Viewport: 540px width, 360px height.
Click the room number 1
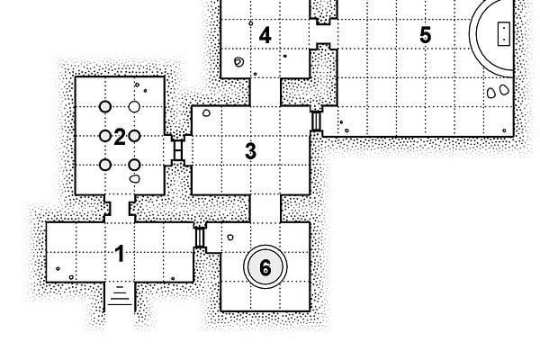click(x=120, y=254)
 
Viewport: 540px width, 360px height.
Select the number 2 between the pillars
click(x=119, y=136)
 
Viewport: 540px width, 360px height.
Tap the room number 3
click(x=251, y=150)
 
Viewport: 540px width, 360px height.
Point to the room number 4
click(x=265, y=35)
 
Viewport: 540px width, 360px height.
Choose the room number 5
click(x=425, y=35)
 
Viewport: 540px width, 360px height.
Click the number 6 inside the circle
click(x=265, y=267)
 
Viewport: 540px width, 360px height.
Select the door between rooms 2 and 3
click(x=178, y=149)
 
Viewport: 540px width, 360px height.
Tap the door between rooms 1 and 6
click(x=199, y=237)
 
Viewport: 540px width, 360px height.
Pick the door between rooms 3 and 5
click(x=316, y=120)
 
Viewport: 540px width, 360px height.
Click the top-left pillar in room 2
click(x=105, y=106)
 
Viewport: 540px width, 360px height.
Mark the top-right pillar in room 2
click(x=135, y=106)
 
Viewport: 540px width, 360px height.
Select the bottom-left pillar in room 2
click(x=105, y=165)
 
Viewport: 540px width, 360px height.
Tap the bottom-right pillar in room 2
click(x=135, y=165)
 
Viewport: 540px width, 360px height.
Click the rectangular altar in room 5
click(x=502, y=33)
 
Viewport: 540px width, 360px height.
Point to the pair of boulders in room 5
click(x=494, y=92)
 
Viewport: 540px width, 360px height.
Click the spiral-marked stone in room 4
click(x=238, y=62)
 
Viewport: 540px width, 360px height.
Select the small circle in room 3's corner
click(x=205, y=113)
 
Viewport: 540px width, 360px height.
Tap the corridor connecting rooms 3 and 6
click(x=265, y=208)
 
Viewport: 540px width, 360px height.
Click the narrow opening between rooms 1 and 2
click(x=120, y=206)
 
